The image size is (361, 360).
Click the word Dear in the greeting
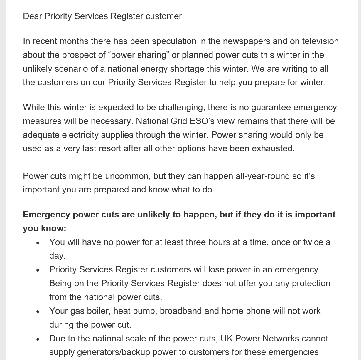click(x=33, y=16)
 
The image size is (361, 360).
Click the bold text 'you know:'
click(x=45, y=228)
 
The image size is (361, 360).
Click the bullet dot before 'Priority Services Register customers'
click(x=38, y=270)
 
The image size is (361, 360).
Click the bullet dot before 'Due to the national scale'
click(x=38, y=339)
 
